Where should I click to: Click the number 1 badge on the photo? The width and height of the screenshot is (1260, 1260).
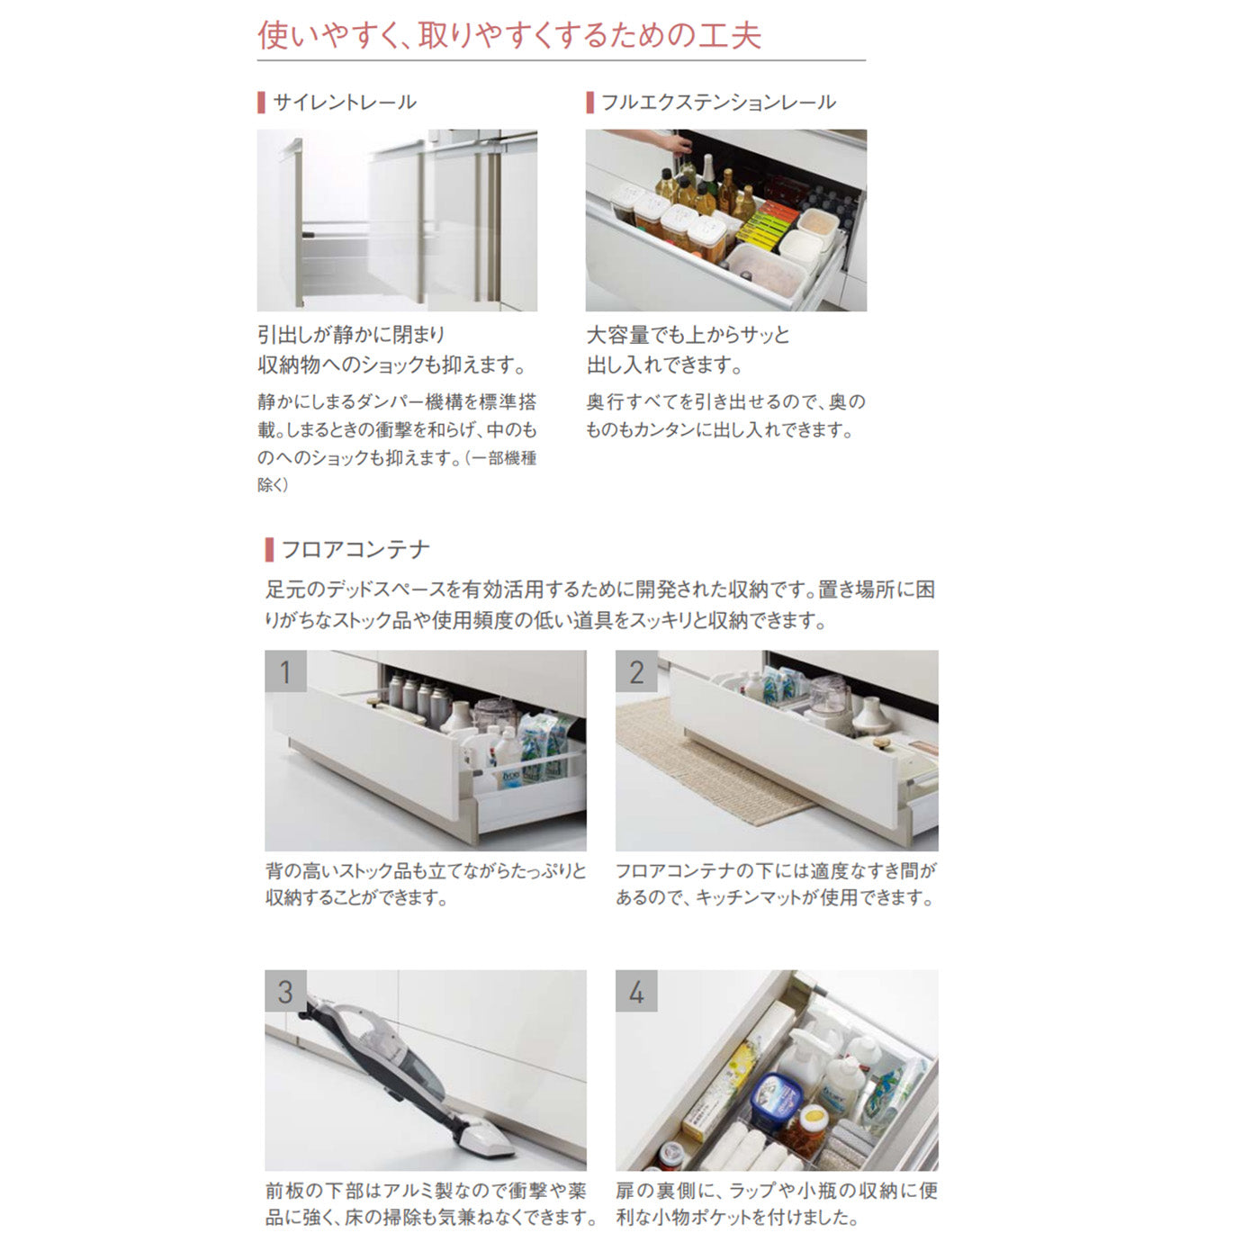(x=285, y=670)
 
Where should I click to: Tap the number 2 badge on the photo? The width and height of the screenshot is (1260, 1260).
(x=636, y=670)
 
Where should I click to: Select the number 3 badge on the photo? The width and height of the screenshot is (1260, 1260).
(x=285, y=991)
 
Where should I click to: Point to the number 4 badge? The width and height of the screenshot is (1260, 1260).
(x=636, y=991)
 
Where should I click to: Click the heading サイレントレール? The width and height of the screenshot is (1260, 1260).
(x=345, y=102)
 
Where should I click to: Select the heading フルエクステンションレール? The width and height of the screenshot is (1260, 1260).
(x=718, y=102)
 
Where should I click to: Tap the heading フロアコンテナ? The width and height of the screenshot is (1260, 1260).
(x=355, y=549)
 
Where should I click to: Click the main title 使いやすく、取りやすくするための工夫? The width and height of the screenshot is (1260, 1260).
(x=509, y=35)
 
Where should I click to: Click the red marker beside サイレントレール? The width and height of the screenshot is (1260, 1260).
(x=262, y=103)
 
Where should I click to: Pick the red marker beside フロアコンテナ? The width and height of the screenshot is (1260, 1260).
(x=269, y=550)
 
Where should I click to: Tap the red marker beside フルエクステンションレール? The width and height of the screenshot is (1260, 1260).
(x=589, y=103)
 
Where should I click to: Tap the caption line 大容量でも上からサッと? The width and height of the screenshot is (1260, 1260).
(x=688, y=336)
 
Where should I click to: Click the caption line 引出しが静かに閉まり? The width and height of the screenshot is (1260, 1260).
(x=351, y=336)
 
